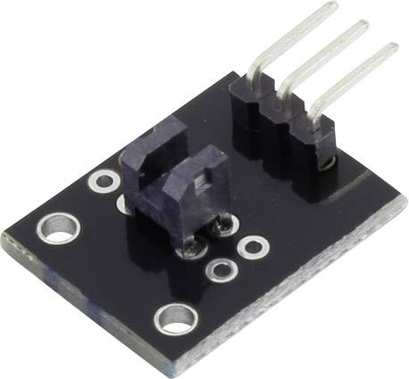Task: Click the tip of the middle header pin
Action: [364, 24]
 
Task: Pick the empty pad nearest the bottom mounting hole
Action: [217, 268]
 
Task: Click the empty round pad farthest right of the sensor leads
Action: [254, 245]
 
